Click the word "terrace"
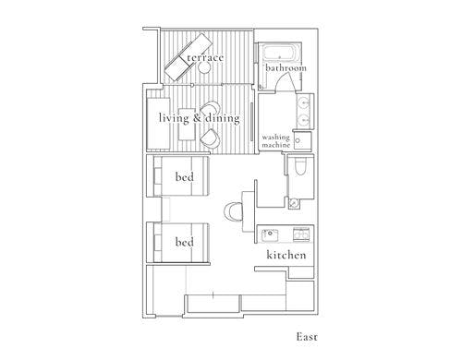tap(205, 57)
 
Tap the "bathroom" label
tap(286, 67)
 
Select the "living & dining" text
tap(200, 118)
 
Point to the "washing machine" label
tap(276, 141)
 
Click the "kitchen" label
tap(286, 255)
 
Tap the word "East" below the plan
tap(307, 337)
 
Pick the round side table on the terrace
tap(204, 67)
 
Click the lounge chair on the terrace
tap(188, 56)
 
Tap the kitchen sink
tap(270, 234)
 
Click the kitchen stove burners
tap(301, 234)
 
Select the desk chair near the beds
tap(233, 211)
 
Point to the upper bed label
tap(185, 177)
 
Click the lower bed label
tap(185, 242)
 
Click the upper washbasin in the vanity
tap(304, 101)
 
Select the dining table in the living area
tap(187, 124)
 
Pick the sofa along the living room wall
tap(158, 124)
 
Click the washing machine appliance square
tap(302, 140)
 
